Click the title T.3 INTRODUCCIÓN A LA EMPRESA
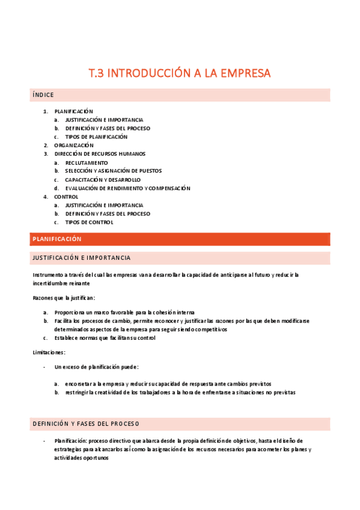(180, 73)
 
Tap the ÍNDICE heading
(43, 95)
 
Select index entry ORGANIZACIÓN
(73, 146)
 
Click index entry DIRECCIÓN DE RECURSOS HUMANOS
(99, 154)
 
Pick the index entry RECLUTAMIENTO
(87, 162)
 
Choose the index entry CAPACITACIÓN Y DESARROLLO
(103, 180)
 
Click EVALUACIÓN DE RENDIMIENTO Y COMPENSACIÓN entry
(127, 188)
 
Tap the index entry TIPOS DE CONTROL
(89, 223)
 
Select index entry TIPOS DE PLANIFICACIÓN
(96, 137)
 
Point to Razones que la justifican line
(63, 298)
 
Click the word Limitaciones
(49, 352)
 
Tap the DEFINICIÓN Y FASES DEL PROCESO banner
(85, 424)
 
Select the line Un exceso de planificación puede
(96, 367)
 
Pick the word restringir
(79, 392)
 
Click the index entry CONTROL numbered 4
(66, 197)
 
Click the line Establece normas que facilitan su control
(105, 338)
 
